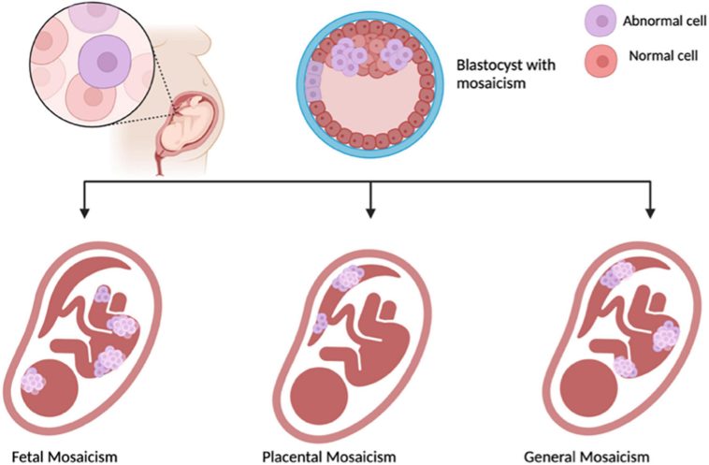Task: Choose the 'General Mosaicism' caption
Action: point(586,457)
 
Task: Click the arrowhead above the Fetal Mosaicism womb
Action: point(85,212)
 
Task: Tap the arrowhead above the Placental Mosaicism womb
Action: point(372,212)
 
